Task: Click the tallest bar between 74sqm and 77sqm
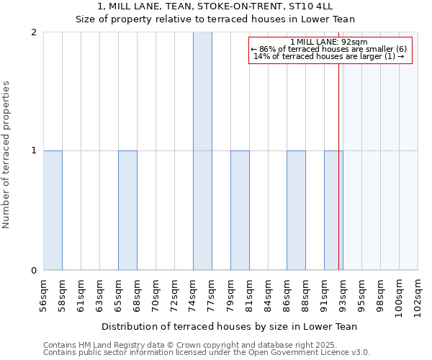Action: tap(202, 151)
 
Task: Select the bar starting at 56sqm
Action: tap(53, 210)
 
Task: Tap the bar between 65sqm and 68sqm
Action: tap(127, 210)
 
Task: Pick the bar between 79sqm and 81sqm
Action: tap(240, 210)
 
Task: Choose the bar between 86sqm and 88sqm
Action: tap(296, 210)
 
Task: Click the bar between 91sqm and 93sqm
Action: tap(333, 210)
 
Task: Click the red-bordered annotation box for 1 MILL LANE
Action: tap(330, 50)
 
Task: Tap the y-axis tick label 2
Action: tap(34, 32)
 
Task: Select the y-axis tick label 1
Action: tap(34, 151)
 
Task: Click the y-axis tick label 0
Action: tap(34, 271)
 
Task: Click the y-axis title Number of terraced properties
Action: tap(6, 155)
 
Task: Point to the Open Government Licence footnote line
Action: tap(206, 353)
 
